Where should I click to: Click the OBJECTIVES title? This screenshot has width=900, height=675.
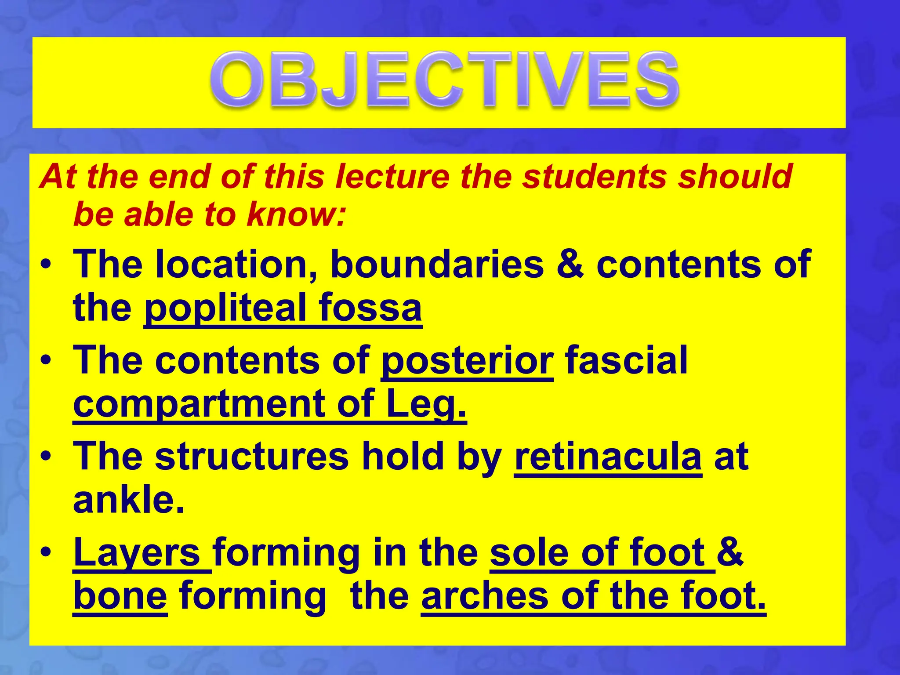click(x=444, y=80)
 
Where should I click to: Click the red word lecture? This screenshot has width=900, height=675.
click(x=392, y=177)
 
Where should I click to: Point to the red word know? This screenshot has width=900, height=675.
click(x=296, y=214)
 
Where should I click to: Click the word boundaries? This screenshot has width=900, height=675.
click(x=437, y=264)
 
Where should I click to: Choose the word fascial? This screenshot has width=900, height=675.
click(x=626, y=360)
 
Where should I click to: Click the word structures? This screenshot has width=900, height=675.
click(x=252, y=457)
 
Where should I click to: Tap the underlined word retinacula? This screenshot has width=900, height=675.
click(x=608, y=457)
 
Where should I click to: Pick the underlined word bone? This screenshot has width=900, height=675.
click(x=120, y=597)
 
